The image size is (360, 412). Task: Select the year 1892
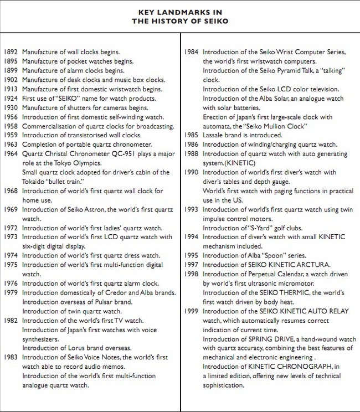(x=11, y=51)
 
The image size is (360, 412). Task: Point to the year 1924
(x=11, y=98)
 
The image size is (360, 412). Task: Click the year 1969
(x=11, y=210)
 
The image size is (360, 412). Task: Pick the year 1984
(x=192, y=51)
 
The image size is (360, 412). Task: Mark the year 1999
(x=192, y=311)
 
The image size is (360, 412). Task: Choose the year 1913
(x=11, y=89)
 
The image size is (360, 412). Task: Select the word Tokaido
(x=34, y=182)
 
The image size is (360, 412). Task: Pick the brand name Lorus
(x=71, y=348)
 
